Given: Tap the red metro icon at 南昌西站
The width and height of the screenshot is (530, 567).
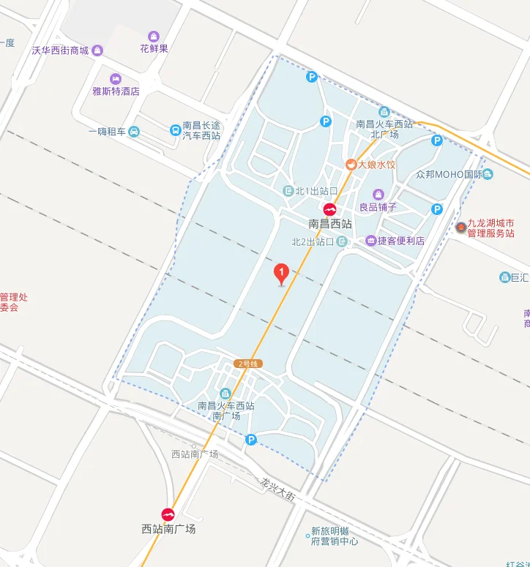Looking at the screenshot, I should [x=330, y=209].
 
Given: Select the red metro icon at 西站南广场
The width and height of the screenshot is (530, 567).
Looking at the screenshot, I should [x=168, y=514].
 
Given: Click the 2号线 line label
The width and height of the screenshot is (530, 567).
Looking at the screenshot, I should [x=248, y=364].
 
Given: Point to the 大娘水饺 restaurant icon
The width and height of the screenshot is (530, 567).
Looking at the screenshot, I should [x=351, y=165].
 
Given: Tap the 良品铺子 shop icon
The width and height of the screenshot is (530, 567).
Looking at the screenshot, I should [x=378, y=194].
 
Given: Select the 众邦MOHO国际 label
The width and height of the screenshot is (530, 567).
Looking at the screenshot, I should [x=449, y=174].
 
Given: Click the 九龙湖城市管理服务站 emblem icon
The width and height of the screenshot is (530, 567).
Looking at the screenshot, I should [x=460, y=228].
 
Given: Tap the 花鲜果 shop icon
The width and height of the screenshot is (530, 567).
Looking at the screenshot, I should [x=154, y=37].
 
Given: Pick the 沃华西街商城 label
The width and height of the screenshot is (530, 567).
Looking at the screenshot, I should [x=60, y=50].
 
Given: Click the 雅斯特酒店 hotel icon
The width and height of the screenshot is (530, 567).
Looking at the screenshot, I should [x=115, y=79].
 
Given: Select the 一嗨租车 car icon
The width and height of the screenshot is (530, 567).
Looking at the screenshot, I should [x=133, y=132].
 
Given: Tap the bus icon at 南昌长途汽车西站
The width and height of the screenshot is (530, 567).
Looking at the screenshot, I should [x=175, y=130].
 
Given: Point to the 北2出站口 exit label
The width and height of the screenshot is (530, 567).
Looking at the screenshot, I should [x=313, y=241].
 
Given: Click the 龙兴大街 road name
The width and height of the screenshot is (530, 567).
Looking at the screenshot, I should [x=278, y=489].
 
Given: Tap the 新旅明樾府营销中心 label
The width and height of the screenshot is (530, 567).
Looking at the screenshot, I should [x=335, y=536].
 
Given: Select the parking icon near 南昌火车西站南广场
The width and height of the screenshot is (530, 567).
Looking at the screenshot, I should [x=251, y=440].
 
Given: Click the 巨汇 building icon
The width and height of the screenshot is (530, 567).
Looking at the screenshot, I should [x=504, y=277].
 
